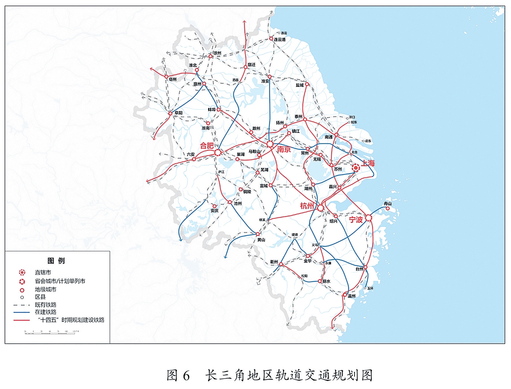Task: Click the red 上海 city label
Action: [368, 163]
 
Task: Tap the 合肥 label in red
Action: [207, 146]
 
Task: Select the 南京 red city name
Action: [284, 149]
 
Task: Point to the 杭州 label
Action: [307, 206]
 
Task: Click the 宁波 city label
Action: [356, 220]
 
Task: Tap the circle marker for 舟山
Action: [388, 208]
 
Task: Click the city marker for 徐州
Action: [211, 56]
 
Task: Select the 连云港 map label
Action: [279, 40]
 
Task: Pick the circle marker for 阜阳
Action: [170, 113]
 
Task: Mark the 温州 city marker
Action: [345, 295]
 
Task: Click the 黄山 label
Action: [261, 240]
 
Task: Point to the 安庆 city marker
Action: [214, 206]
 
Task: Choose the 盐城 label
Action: [300, 85]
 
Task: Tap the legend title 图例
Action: [56, 261]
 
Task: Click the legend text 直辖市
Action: [43, 273]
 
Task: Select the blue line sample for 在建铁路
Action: [21, 312]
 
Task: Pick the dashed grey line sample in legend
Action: [21, 305]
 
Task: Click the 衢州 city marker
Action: [281, 264]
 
